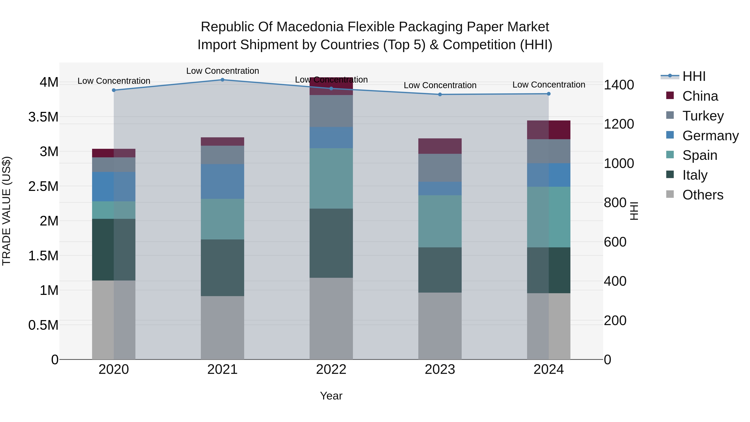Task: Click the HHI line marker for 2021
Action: tap(222, 80)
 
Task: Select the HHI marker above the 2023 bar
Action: tap(440, 94)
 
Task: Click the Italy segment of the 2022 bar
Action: tap(331, 243)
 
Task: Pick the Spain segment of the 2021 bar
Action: tap(222, 219)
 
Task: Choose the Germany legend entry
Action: tap(710, 136)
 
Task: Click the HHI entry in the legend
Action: tap(694, 76)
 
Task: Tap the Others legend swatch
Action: tap(670, 194)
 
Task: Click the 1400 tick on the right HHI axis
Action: tap(619, 85)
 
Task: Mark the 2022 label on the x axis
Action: tap(331, 369)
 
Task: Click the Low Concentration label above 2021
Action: tap(222, 71)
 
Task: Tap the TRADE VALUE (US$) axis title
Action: tap(6, 211)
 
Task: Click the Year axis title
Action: tap(331, 396)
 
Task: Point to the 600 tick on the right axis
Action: tap(615, 242)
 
